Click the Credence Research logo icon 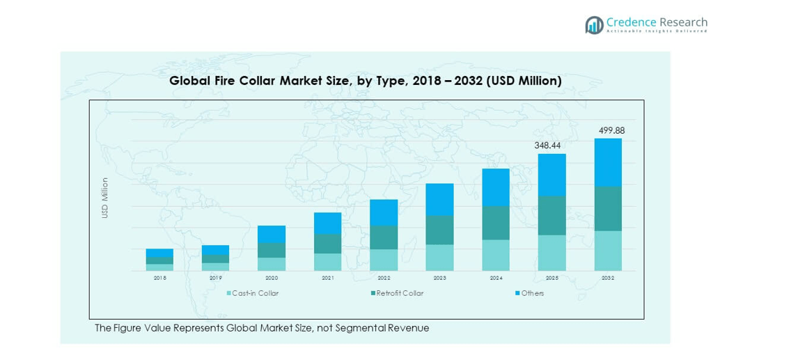[594, 25]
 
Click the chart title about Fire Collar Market [366, 81]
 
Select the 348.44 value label [551, 146]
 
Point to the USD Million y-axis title [105, 198]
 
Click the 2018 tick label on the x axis [159, 278]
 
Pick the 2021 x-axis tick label [327, 278]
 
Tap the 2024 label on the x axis [495, 278]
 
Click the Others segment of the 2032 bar [607, 162]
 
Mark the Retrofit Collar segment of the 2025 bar [551, 215]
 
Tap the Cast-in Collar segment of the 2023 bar [439, 258]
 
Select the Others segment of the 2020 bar [272, 234]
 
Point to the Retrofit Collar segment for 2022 [384, 237]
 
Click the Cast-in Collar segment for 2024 [495, 255]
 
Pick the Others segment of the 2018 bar [159, 253]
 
